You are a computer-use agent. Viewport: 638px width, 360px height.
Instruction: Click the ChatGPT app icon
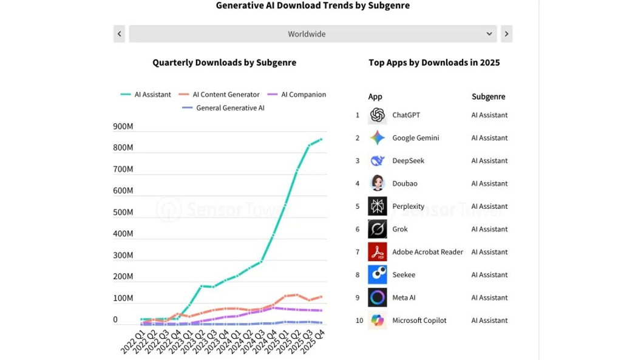[377, 115]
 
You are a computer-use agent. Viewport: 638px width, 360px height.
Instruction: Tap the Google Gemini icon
[377, 138]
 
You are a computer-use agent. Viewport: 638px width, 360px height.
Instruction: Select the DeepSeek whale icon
[377, 161]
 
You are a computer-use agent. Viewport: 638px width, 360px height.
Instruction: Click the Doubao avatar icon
[377, 183]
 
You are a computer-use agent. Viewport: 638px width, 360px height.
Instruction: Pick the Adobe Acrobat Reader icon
[377, 252]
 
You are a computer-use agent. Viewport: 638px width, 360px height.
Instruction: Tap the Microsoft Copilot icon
[377, 321]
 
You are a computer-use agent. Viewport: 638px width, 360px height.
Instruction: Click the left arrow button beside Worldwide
[119, 34]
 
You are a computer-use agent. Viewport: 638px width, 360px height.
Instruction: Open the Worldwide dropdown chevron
[489, 34]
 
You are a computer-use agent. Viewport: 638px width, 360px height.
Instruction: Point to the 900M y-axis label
[123, 127]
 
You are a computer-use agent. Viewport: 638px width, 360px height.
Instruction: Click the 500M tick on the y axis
[123, 212]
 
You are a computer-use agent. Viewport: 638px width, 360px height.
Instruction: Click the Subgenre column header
[488, 97]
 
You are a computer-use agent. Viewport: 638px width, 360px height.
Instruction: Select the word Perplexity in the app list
[408, 206]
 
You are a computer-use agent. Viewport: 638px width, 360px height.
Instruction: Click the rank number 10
[359, 321]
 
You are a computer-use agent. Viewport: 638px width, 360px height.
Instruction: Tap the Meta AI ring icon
[377, 297]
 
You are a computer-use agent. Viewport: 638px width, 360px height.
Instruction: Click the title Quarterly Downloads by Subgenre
[224, 63]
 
